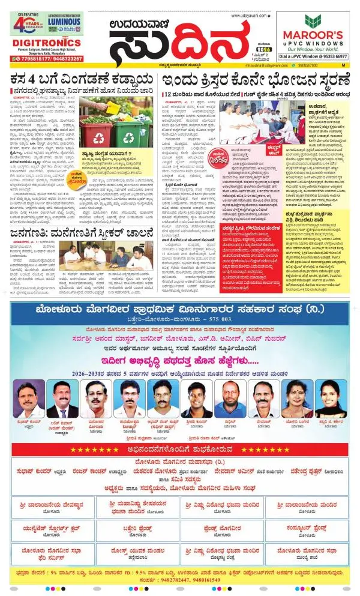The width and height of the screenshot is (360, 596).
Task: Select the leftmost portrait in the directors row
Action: tap(29, 398)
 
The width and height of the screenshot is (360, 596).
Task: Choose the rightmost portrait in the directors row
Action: tap(330, 398)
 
